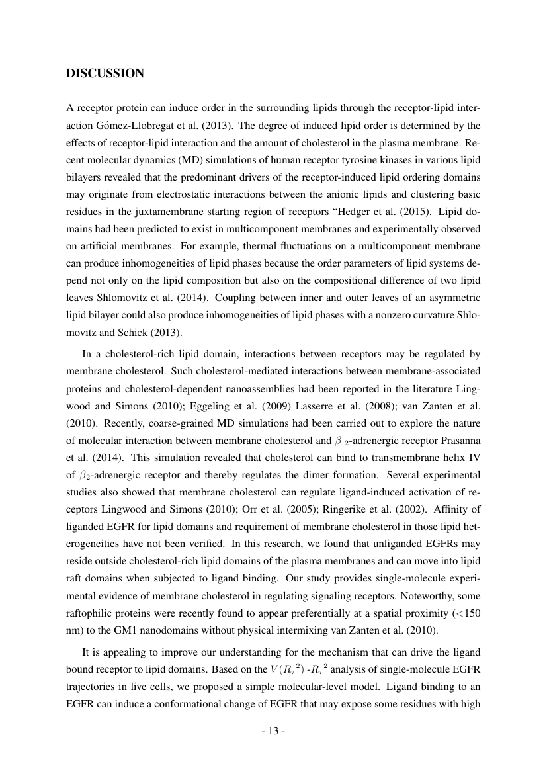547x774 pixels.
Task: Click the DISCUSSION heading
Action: pyautogui.click(x=105, y=73)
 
